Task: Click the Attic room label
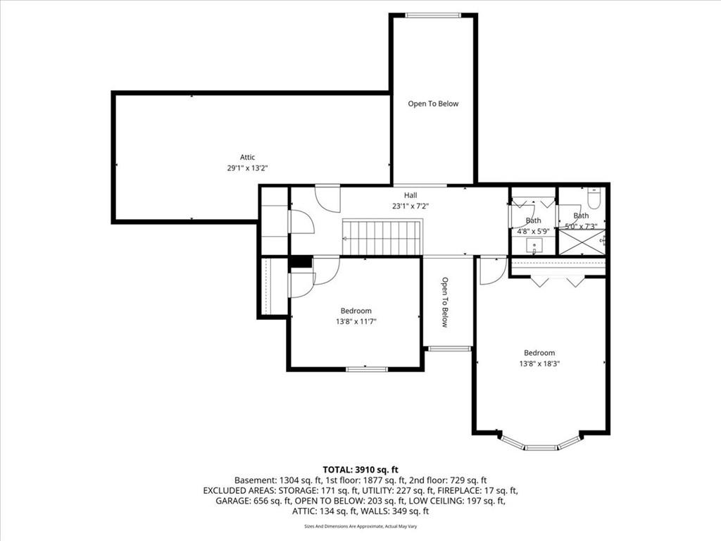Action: pyautogui.click(x=247, y=157)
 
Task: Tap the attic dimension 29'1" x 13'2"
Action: pyautogui.click(x=247, y=168)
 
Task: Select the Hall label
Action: pyautogui.click(x=410, y=196)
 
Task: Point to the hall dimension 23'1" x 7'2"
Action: pyautogui.click(x=410, y=206)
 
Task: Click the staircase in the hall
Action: pyautogui.click(x=382, y=237)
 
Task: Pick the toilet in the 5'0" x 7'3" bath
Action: pyautogui.click(x=593, y=197)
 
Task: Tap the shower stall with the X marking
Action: pyautogui.click(x=582, y=242)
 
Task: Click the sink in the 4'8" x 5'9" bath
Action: pyautogui.click(x=534, y=246)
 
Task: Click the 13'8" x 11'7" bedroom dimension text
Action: pyautogui.click(x=356, y=321)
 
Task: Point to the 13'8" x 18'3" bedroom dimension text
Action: pyautogui.click(x=539, y=363)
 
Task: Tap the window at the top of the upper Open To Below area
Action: pyautogui.click(x=433, y=15)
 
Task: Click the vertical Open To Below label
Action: pyautogui.click(x=445, y=301)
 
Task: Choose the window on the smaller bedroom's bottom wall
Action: pyautogui.click(x=366, y=369)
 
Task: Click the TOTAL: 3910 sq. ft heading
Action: pyautogui.click(x=360, y=470)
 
